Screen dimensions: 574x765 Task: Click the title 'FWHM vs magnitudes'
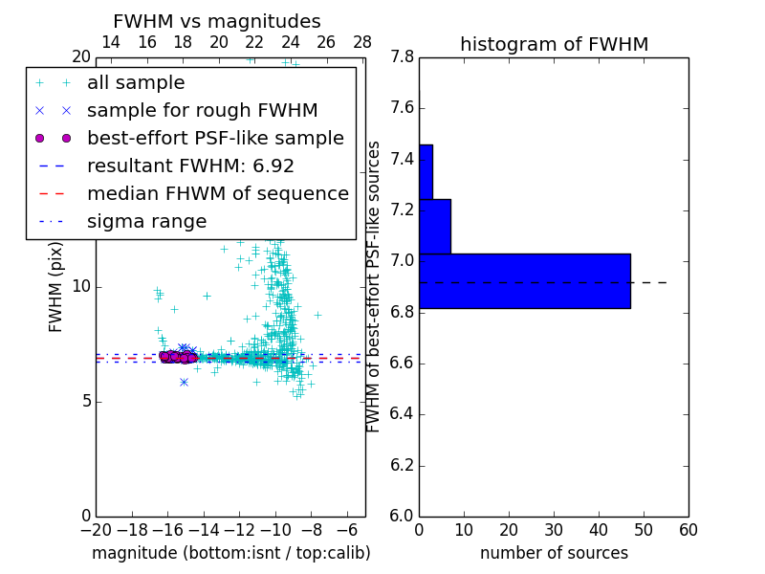point(217,21)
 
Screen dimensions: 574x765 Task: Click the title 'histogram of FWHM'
point(554,44)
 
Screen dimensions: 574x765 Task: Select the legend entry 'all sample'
point(136,83)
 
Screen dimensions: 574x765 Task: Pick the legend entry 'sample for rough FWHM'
point(202,111)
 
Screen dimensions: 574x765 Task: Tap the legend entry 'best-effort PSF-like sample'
point(215,139)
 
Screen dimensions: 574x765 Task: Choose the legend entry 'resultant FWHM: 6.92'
point(190,166)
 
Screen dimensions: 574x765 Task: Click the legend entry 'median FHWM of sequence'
point(217,194)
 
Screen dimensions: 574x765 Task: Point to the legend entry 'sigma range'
point(146,222)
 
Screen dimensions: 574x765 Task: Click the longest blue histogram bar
point(524,281)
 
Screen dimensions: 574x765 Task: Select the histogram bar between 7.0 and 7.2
point(434,226)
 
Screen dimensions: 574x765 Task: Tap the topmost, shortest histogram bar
point(426,171)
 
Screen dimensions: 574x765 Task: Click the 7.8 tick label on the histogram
point(401,56)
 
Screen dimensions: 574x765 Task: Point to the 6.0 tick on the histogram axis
point(401,517)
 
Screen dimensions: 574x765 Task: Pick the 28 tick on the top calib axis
point(362,42)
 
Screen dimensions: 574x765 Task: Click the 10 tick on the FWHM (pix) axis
point(80,287)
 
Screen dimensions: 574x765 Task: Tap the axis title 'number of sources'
point(554,553)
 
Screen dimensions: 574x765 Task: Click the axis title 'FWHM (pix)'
point(56,286)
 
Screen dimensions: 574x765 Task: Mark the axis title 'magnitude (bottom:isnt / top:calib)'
point(230,553)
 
